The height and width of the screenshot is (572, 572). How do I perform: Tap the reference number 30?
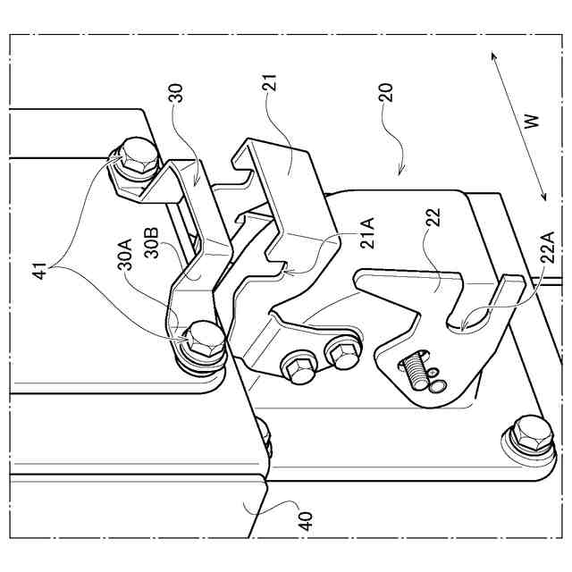pos(177,96)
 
